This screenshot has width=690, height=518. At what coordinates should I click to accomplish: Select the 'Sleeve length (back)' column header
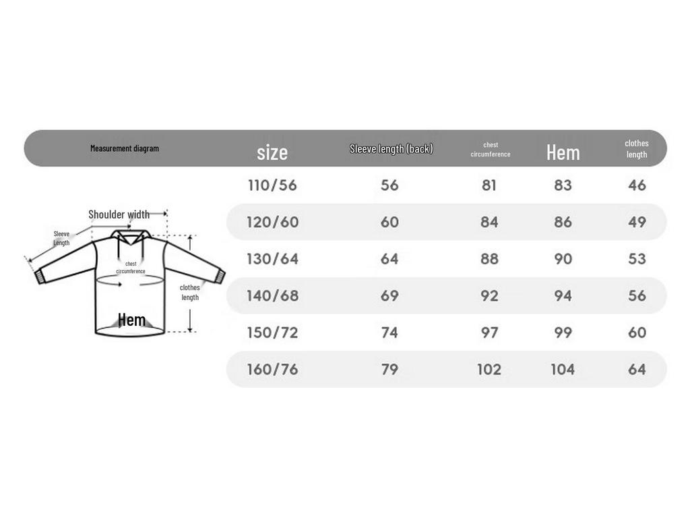coord(391,149)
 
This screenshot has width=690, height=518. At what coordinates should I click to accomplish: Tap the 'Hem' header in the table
coord(563,153)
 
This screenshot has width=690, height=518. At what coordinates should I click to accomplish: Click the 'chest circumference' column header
coord(491,149)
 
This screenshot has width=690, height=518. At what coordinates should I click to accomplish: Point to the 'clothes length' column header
coord(637,149)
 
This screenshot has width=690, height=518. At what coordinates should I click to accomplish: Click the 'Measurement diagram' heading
coord(125,148)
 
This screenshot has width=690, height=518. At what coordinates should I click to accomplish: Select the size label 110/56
coord(272,185)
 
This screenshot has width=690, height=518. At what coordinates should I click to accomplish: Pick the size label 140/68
coord(272,295)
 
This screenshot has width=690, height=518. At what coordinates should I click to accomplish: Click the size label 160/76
coord(272,369)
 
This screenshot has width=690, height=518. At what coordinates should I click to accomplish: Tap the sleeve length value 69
coord(389,295)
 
